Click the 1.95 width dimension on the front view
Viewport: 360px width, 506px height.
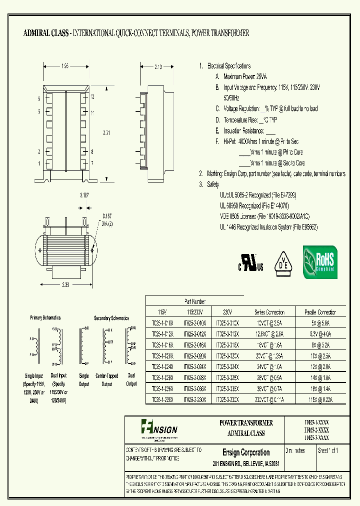(x=65, y=66)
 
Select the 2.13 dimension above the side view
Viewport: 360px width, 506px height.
(x=158, y=66)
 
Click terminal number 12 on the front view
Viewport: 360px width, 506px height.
(x=92, y=96)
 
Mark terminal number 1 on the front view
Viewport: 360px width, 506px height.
(x=38, y=163)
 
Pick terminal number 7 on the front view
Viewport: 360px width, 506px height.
(x=92, y=163)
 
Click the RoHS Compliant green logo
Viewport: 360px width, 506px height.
(x=320, y=262)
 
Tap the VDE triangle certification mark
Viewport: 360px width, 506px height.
(x=283, y=262)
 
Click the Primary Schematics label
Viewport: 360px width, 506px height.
(x=45, y=317)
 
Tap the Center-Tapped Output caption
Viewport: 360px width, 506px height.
(x=107, y=380)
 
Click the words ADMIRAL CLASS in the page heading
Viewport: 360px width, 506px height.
(x=46, y=33)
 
